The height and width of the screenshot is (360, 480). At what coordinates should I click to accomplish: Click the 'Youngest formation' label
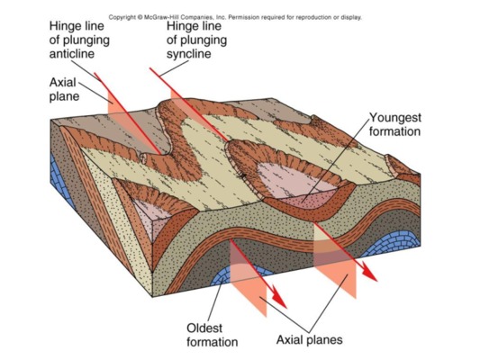pyautogui.click(x=395, y=124)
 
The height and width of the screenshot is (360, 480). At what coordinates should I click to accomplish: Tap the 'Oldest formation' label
pyautogui.click(x=213, y=335)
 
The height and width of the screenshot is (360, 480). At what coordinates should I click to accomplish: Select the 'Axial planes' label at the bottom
pyautogui.click(x=309, y=340)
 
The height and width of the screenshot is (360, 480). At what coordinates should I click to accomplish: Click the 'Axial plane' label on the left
pyautogui.click(x=64, y=89)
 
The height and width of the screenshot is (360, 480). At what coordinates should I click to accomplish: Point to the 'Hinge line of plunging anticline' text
pyautogui.click(x=79, y=40)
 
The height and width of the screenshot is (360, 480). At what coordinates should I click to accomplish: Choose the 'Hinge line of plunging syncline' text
pyautogui.click(x=196, y=40)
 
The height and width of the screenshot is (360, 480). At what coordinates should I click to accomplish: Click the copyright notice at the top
pyautogui.click(x=235, y=17)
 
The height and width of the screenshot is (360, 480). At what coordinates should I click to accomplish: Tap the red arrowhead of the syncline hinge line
pyautogui.click(x=370, y=274)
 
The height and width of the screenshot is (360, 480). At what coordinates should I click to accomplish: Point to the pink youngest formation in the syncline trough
pyautogui.click(x=298, y=184)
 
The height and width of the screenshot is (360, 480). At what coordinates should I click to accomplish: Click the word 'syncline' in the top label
pyautogui.click(x=188, y=54)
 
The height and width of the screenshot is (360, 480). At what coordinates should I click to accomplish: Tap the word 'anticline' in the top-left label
pyautogui.click(x=72, y=54)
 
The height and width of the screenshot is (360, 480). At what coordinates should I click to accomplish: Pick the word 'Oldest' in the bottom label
pyautogui.click(x=204, y=328)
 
